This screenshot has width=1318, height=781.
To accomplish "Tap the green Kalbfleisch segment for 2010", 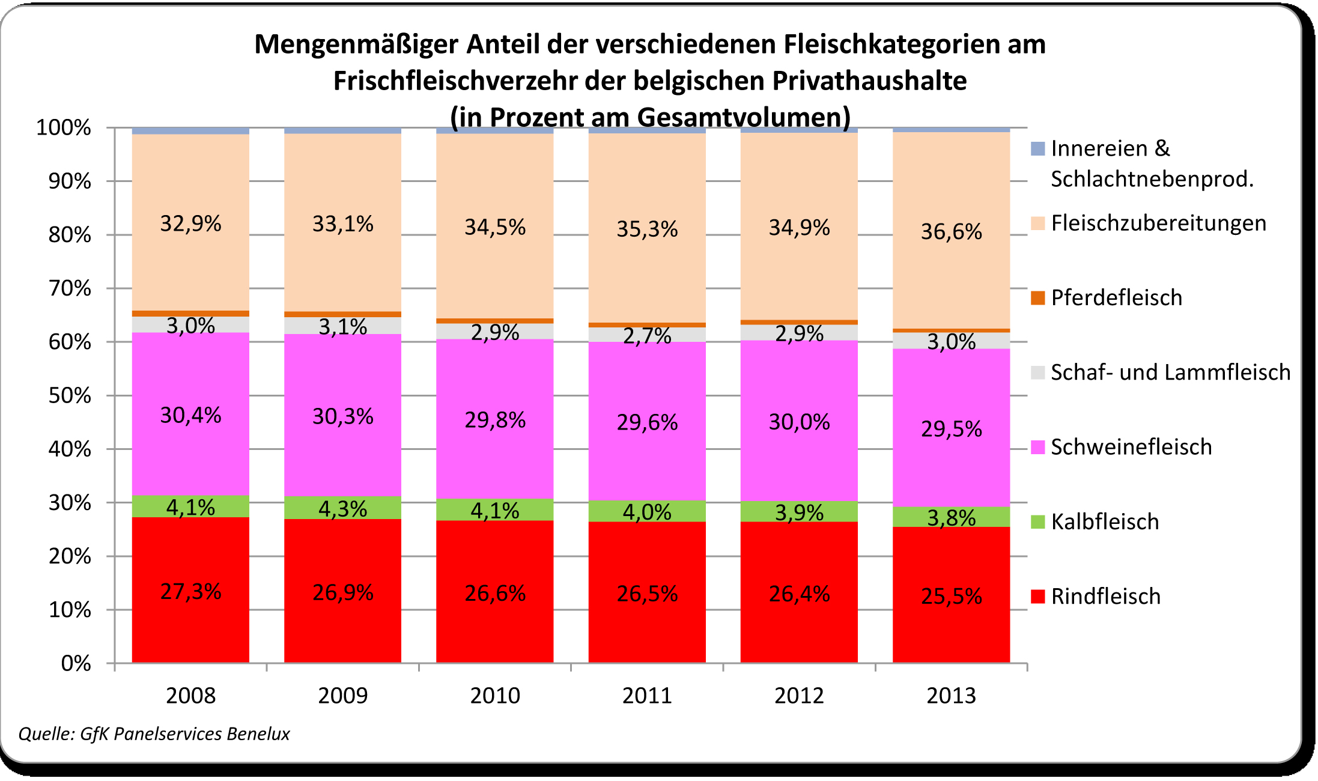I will (x=494, y=510).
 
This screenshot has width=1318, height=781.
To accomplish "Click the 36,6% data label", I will (x=951, y=232).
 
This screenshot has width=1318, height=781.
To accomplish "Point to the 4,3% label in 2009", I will (x=342, y=509).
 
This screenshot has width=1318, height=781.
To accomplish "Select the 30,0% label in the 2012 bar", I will (x=799, y=422).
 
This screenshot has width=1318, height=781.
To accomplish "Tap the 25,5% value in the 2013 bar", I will (x=951, y=597).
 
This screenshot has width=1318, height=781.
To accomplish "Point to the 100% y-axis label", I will (x=64, y=128).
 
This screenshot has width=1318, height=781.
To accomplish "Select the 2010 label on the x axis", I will (x=494, y=696).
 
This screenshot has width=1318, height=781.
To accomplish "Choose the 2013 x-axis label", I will (x=951, y=696).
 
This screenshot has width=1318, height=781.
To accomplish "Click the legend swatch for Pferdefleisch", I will (x=1037, y=298).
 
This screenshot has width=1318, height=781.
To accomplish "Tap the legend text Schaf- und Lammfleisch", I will (x=1170, y=372).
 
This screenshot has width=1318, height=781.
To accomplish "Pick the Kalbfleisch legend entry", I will (x=1105, y=522).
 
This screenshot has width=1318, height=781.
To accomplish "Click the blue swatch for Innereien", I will (x=1037, y=148).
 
